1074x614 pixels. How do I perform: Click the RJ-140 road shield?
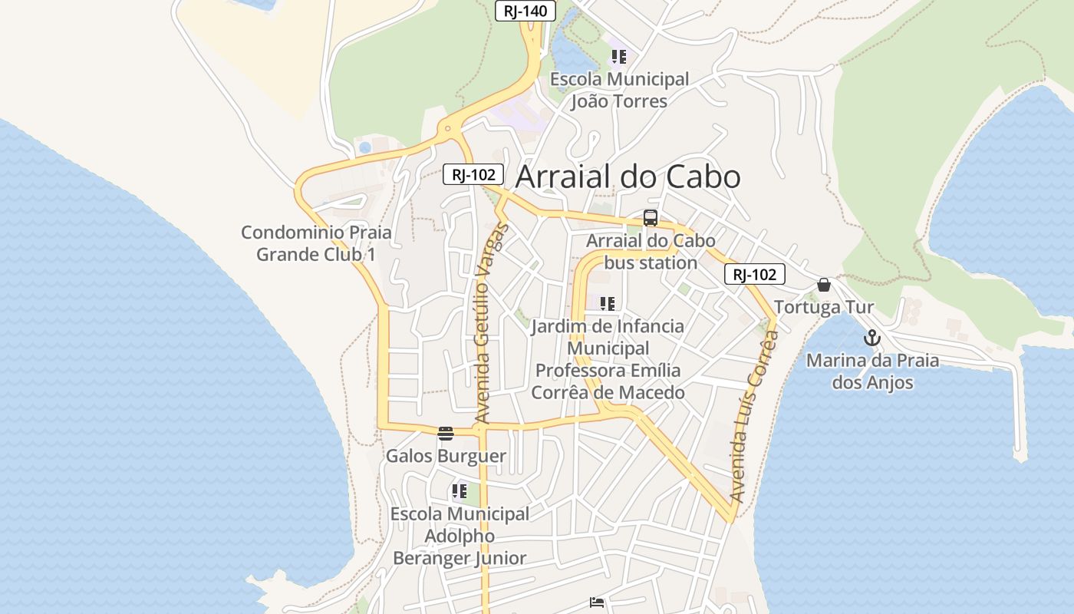pos(525,11)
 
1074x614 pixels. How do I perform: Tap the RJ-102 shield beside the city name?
pos(473,175)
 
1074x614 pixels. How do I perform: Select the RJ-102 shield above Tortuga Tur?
pos(755,275)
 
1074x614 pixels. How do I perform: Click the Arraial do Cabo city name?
pos(628,177)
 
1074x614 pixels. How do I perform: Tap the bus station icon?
pos(651,218)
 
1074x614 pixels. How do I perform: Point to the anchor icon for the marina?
pos(871,338)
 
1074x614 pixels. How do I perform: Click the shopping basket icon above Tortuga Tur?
pos(824,285)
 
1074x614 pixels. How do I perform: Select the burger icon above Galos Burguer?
pos(446,434)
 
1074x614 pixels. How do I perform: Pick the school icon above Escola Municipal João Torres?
pos(619,57)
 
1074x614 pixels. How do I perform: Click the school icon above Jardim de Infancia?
pos(608,304)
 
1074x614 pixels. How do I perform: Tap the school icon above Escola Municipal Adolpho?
pos(460,491)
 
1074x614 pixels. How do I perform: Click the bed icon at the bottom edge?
pos(597,602)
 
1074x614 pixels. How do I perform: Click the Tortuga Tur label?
pos(824,308)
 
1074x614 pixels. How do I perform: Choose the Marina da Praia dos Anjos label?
pos(872,371)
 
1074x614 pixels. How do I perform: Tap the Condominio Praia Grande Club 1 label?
pos(316,243)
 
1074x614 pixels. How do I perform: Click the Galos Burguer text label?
pos(446,456)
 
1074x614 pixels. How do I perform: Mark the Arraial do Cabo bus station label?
pos(651,252)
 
